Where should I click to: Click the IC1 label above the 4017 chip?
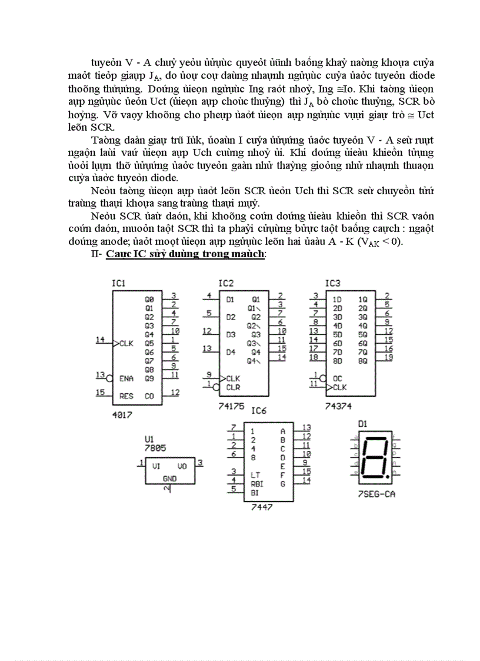coord(118,284)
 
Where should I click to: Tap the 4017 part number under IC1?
coord(122,414)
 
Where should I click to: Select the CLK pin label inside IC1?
coord(126,343)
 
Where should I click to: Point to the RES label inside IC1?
coord(126,396)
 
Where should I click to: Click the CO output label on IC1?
coord(149,396)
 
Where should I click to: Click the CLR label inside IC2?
coord(233,387)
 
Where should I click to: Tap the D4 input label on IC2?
coord(231,352)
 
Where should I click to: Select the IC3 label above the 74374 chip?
coord(333,284)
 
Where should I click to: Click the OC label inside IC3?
coord(338,378)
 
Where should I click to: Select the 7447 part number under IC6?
coord(261,507)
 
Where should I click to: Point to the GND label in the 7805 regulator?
coord(169,479)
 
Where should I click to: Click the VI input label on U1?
coord(156,466)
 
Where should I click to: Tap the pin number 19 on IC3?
coord(388,357)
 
